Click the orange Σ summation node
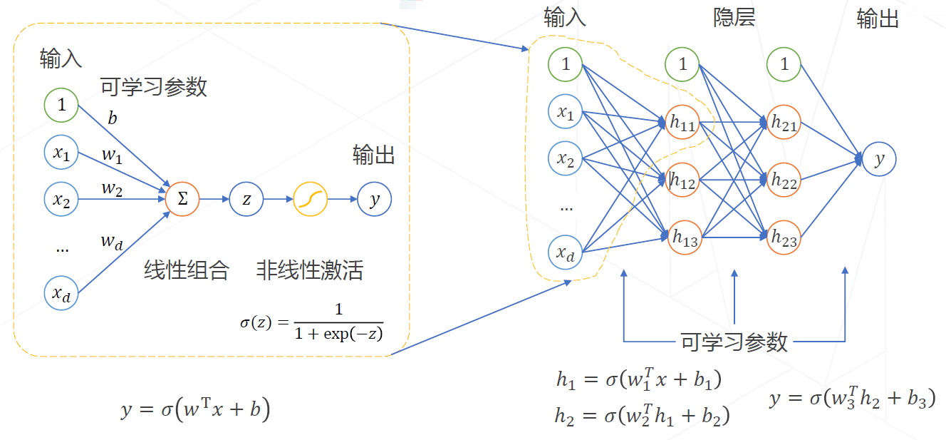182,200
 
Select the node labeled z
246,200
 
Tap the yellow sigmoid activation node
311,200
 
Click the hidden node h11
682,123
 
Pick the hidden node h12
682,181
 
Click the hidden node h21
784,123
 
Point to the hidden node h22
784,181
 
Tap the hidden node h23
784,238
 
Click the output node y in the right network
879,160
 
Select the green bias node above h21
784,65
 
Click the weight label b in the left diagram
113,118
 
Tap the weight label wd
111,242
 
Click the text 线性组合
187,270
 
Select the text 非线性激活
309,270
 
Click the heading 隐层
734,19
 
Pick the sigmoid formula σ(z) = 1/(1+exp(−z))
312,322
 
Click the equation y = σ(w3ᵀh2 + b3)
852,399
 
